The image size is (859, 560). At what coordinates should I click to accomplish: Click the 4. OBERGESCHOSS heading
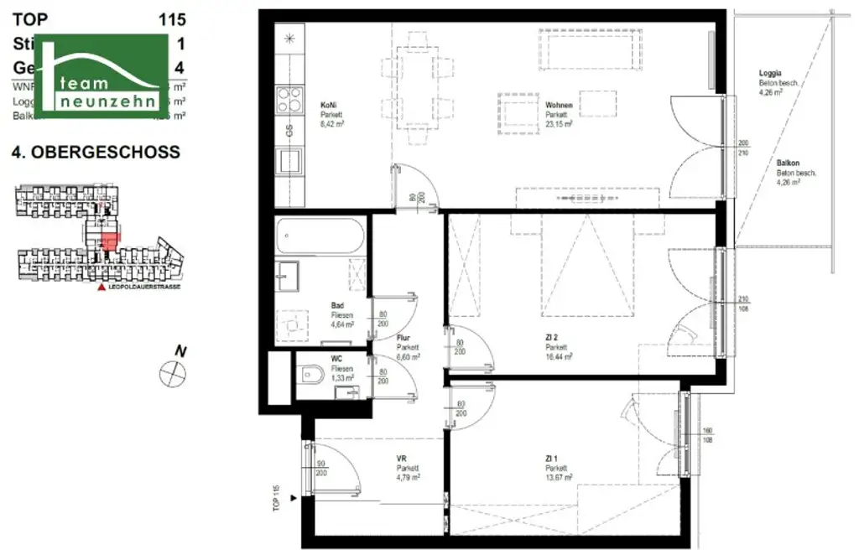coord(95,153)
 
